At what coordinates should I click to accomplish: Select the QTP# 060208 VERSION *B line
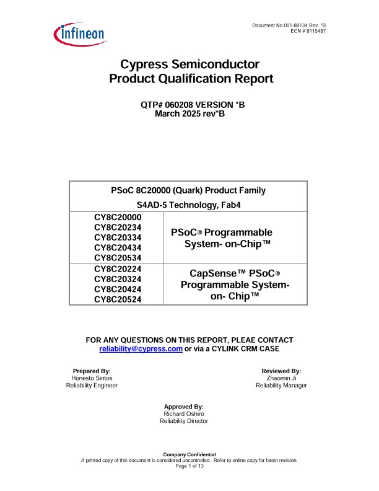193,105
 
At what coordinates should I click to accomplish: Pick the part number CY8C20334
118,237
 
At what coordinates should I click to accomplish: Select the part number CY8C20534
118,257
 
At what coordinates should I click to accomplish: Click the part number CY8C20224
118,269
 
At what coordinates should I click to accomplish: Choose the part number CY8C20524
118,299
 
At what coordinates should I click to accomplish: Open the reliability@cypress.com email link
141,349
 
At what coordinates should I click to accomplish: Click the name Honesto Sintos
92,378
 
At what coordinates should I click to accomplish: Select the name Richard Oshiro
184,414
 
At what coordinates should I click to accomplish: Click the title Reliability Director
184,421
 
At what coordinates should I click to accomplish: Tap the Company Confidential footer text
189,455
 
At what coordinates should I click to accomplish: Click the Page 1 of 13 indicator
189,466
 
